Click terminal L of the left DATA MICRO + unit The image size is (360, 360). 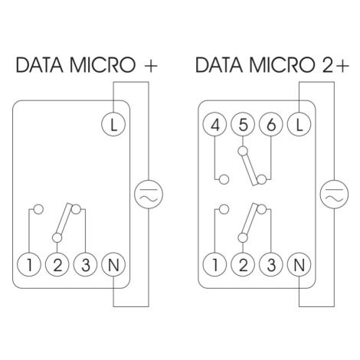[x=113, y=124]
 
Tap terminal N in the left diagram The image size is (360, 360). [x=113, y=264]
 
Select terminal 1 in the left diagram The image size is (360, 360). [x=29, y=264]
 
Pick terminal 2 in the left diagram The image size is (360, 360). [x=57, y=264]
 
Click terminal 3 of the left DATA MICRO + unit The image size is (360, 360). [x=85, y=264]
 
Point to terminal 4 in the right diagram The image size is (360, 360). [x=215, y=124]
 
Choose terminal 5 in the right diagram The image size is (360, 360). [x=243, y=124]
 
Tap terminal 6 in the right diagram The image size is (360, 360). [x=271, y=124]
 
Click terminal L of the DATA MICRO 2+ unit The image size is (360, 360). [x=299, y=124]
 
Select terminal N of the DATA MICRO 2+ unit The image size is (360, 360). [x=299, y=264]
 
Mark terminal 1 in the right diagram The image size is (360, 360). [x=215, y=264]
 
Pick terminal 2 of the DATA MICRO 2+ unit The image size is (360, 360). [x=243, y=264]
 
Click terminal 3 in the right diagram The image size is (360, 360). [x=271, y=264]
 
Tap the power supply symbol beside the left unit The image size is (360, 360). [x=149, y=194]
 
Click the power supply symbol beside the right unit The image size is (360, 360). [x=334, y=194]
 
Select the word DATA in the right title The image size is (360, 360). [x=219, y=65]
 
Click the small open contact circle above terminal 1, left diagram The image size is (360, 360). [x=38, y=209]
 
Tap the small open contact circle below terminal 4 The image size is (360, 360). [x=224, y=179]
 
